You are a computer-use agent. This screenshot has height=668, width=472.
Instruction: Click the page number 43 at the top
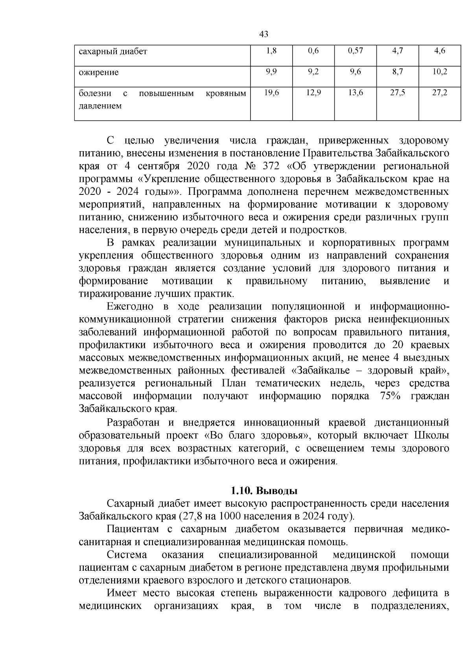[x=264, y=35]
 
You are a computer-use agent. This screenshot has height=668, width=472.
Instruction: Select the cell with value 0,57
[x=355, y=51]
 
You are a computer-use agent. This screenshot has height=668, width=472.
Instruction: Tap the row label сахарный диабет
[x=112, y=52]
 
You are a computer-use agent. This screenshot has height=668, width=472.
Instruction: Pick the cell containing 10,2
[x=439, y=72]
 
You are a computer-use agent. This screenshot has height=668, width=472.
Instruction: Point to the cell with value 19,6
[x=271, y=93]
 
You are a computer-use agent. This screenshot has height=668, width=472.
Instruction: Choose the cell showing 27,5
[x=397, y=93]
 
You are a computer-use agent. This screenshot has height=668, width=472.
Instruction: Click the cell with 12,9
[x=313, y=93]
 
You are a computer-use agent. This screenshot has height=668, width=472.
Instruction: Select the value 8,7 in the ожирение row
[x=397, y=72]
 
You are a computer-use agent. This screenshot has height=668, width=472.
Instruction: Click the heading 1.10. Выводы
[x=264, y=491]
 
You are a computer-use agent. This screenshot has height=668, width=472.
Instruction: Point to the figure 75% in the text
[x=390, y=396]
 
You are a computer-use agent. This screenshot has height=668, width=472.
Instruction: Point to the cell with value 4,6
[x=439, y=51]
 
